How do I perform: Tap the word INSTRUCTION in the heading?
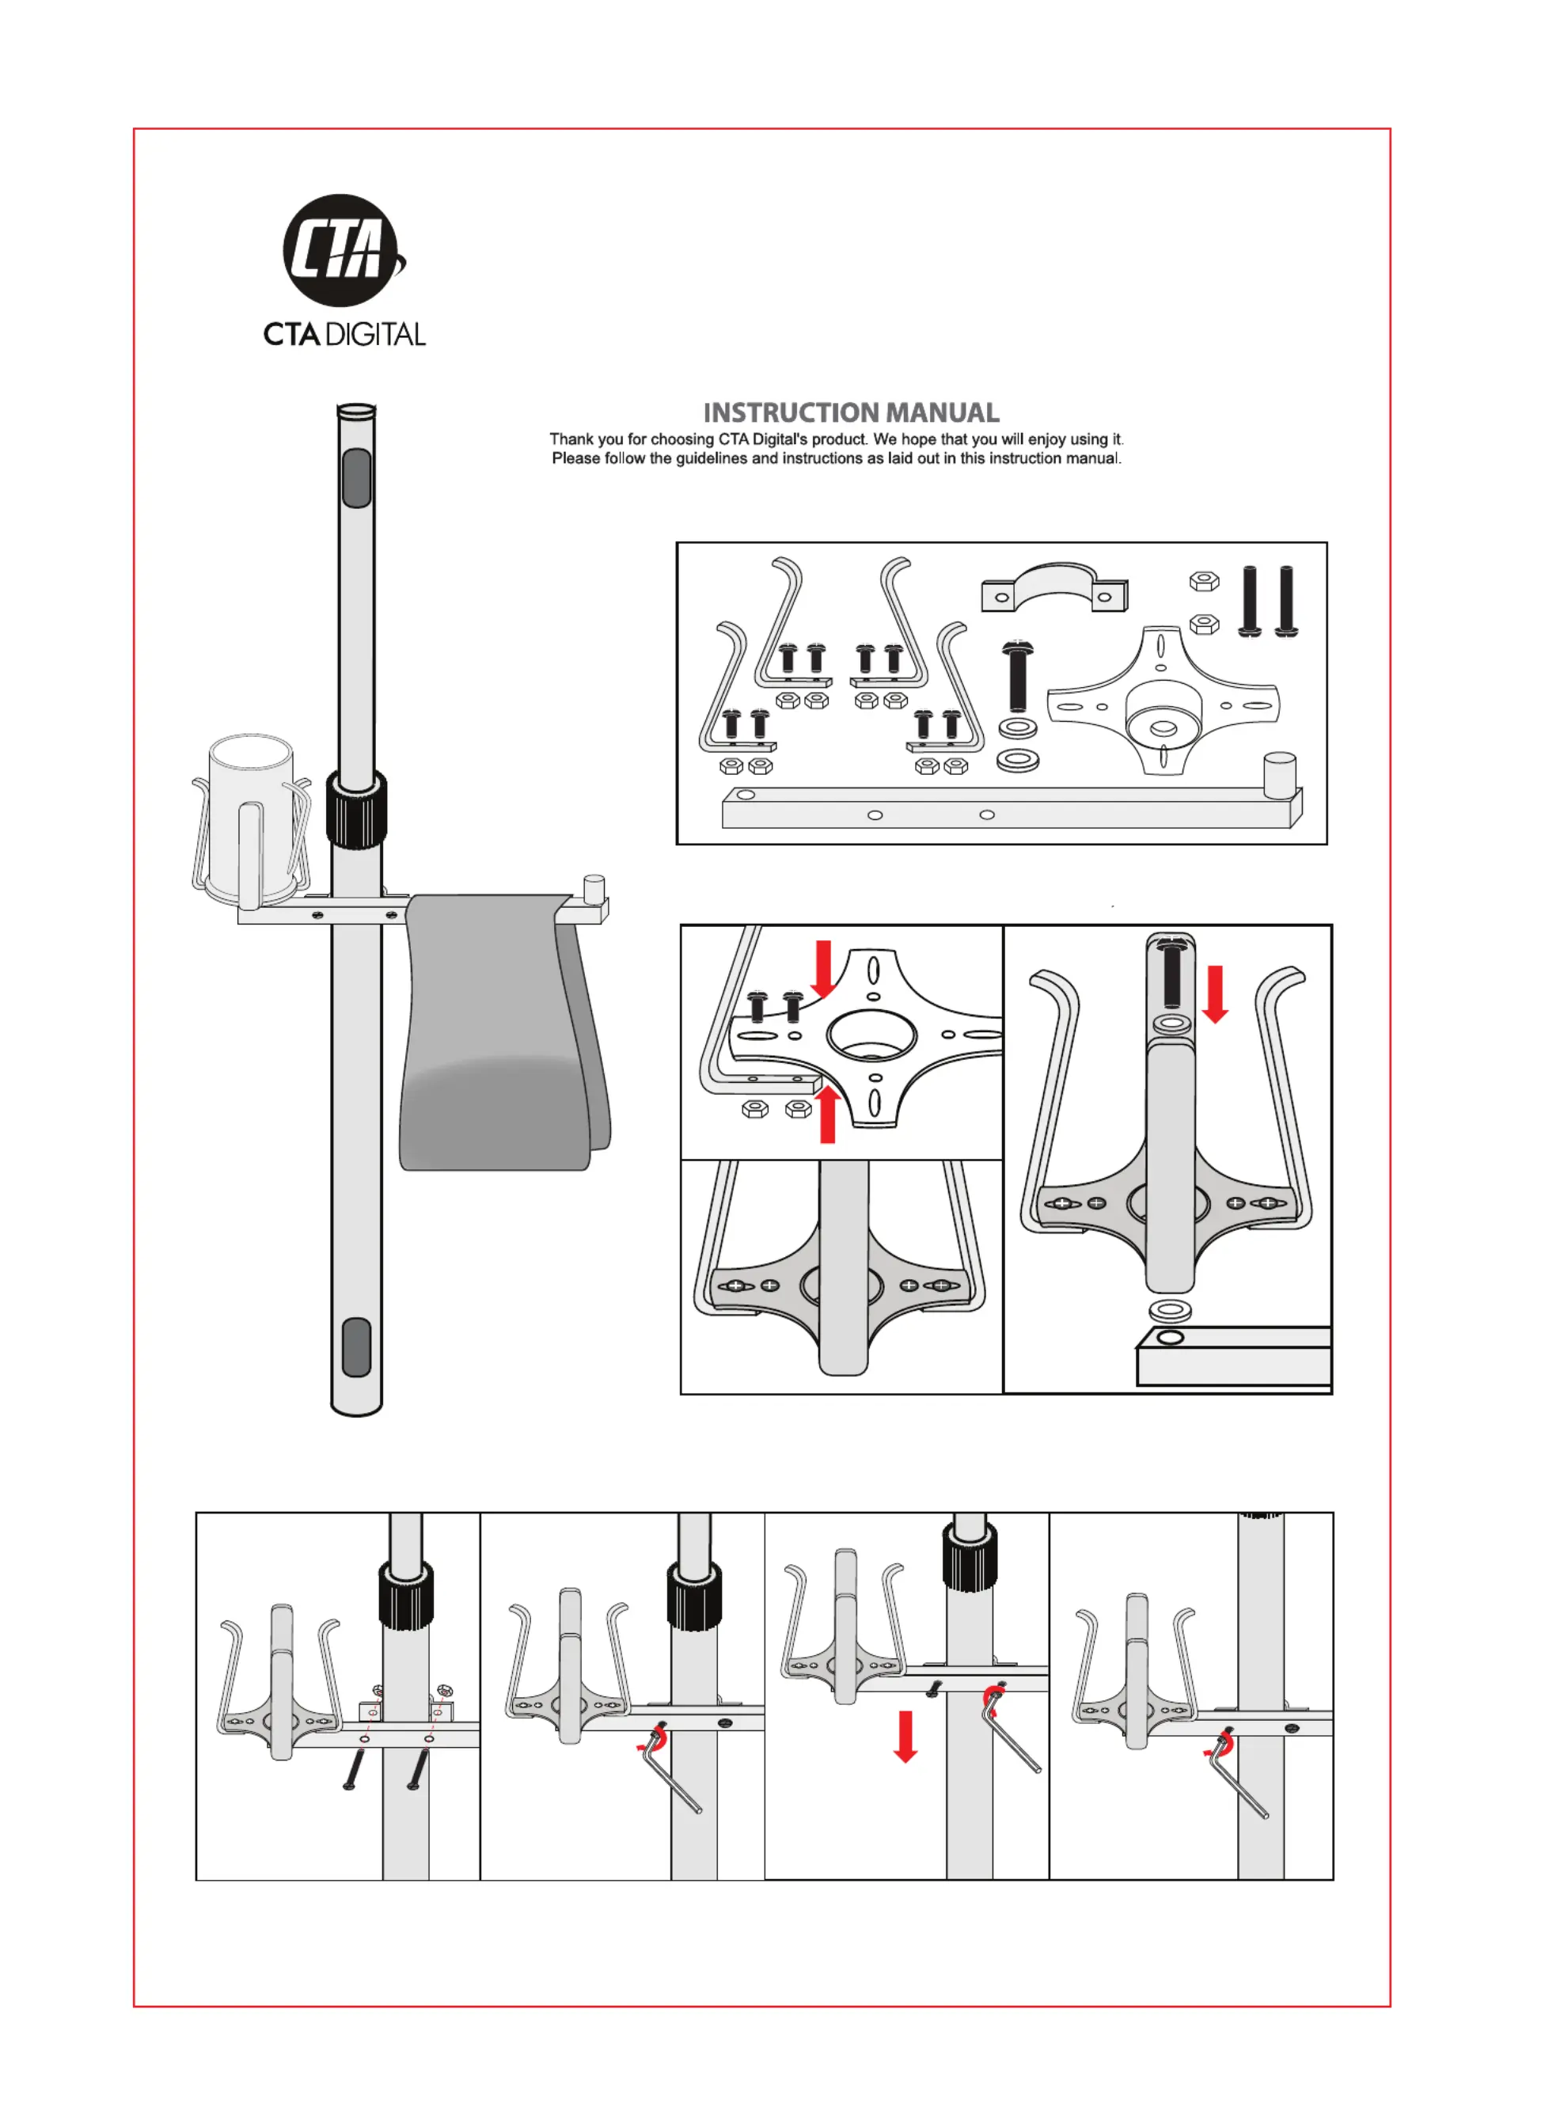792,412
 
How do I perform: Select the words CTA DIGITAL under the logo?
344,334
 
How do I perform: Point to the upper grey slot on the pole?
356,477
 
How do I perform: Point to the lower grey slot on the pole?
356,1346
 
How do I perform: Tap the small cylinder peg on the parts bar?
1278,774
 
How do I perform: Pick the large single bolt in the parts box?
1015,675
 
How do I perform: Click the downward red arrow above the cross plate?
823,969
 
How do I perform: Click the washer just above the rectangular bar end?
1169,1309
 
